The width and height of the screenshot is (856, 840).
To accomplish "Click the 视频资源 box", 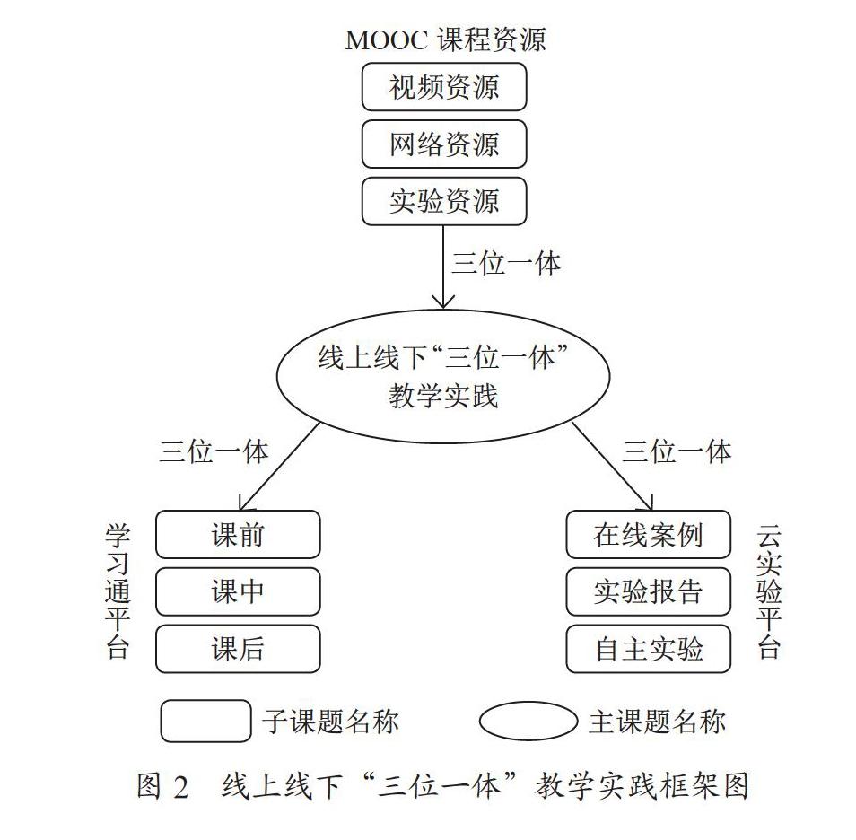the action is click(x=444, y=87).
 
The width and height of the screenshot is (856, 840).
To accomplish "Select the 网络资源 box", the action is click(x=444, y=144).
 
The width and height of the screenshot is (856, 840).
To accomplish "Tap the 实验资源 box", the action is click(x=444, y=201).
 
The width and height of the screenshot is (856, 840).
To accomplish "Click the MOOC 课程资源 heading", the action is click(x=445, y=39).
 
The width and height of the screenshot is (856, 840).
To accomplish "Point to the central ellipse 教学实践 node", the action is click(x=443, y=376).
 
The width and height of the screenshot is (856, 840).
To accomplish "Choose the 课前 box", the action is click(x=238, y=534).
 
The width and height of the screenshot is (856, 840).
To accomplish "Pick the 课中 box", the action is click(x=238, y=591).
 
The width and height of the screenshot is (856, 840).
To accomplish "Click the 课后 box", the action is click(x=238, y=649).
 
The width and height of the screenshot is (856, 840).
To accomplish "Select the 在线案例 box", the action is click(x=648, y=534).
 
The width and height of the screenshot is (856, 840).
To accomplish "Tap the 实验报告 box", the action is click(x=648, y=591).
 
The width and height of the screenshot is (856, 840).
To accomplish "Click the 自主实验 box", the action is click(x=648, y=649).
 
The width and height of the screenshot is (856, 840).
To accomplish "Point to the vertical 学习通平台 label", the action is click(x=118, y=591).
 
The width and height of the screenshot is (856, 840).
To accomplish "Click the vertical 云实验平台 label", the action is click(x=769, y=591).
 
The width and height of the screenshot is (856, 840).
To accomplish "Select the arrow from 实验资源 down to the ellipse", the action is click(x=443, y=267).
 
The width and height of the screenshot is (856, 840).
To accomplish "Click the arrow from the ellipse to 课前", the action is click(x=278, y=467).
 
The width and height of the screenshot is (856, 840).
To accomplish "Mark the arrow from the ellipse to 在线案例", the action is click(x=612, y=467).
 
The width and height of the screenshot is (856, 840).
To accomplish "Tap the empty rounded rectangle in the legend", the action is click(x=205, y=721).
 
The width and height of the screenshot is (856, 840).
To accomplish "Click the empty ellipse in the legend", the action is click(x=528, y=722).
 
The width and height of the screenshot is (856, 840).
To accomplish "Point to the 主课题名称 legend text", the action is click(x=658, y=722).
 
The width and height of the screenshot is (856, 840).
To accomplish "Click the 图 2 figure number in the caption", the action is click(x=162, y=786).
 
